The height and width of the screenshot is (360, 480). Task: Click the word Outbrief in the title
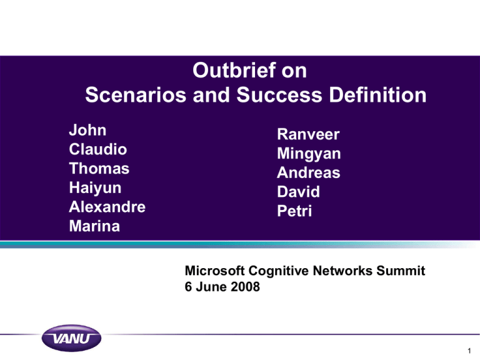tap(234, 71)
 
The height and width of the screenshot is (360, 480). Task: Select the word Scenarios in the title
tap(136, 94)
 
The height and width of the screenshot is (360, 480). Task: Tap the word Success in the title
tap(279, 94)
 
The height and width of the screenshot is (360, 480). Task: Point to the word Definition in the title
tap(377, 94)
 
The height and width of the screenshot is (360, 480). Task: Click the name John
tap(87, 130)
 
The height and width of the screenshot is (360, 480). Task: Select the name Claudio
tap(97, 149)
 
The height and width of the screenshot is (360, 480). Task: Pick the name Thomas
tap(99, 169)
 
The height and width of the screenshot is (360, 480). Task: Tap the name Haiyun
tap(95, 188)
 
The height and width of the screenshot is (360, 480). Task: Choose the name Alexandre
tap(107, 207)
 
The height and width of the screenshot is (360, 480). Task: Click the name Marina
tap(94, 226)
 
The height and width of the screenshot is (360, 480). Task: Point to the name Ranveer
tap(308, 134)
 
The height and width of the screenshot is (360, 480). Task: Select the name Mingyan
tap(309, 154)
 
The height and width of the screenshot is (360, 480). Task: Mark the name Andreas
tap(309, 172)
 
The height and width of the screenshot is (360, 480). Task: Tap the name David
tap(299, 192)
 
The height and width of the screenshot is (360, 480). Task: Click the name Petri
tap(294, 211)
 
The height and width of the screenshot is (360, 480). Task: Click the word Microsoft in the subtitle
tap(214, 271)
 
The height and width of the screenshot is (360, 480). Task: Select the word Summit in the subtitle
tap(401, 271)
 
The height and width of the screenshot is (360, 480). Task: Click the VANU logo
tap(71, 338)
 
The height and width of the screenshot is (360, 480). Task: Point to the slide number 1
tap(469, 351)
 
